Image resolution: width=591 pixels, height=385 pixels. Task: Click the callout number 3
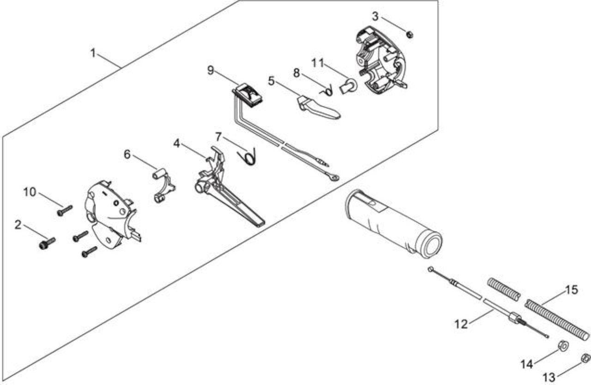coord(375,16)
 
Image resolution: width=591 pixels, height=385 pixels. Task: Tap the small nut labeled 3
coord(410,35)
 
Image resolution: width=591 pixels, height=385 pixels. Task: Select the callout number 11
coord(317,63)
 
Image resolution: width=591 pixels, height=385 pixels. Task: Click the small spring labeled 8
coord(326,92)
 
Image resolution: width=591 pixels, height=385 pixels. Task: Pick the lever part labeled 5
coord(318,108)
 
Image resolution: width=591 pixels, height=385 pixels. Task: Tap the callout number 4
coord(176,143)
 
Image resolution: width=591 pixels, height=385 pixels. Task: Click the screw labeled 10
coord(65,211)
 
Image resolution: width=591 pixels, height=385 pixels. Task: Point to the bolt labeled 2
coord(47,244)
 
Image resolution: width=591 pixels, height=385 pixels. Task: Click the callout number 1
coord(93,53)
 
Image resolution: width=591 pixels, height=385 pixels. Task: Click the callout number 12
coord(461,324)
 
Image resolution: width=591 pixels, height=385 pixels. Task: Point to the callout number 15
coord(571,290)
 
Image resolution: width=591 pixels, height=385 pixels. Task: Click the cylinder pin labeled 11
coord(348,86)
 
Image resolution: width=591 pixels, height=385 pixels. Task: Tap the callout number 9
coord(210,70)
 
